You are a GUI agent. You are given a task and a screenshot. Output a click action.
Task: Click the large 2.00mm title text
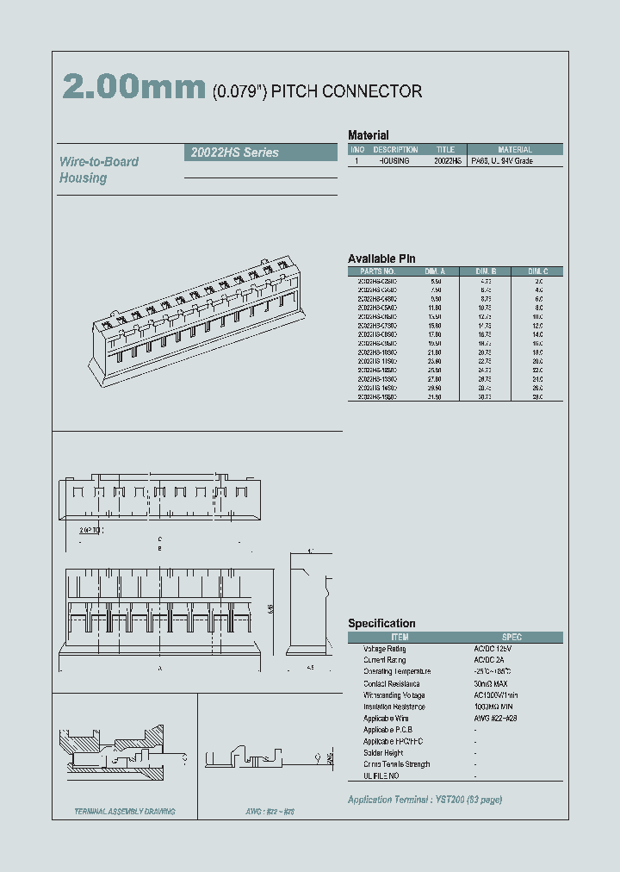133,89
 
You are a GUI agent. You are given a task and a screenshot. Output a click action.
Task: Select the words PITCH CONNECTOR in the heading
346,91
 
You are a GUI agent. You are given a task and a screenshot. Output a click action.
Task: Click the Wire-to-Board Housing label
98,170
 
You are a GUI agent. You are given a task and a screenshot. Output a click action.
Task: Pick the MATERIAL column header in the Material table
515,149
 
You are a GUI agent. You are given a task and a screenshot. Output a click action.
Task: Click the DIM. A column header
436,271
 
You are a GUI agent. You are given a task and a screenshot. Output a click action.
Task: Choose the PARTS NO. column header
377,271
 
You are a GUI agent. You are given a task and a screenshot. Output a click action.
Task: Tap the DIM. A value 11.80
436,306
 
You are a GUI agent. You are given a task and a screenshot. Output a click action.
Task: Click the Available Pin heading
381,258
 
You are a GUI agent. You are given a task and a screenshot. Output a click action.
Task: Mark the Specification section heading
381,623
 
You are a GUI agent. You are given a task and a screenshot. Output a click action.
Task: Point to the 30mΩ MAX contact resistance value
492,683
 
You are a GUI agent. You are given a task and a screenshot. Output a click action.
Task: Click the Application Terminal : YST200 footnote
425,800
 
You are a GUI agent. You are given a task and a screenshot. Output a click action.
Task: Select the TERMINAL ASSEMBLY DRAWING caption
124,812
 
